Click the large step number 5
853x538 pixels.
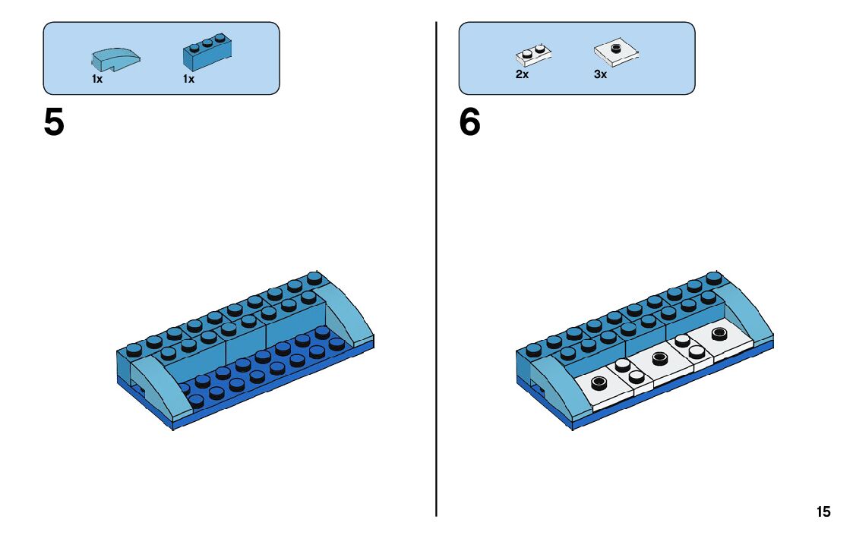pyautogui.click(x=54, y=123)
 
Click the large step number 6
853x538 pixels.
pyautogui.click(x=469, y=123)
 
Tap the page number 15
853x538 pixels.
pyautogui.click(x=823, y=512)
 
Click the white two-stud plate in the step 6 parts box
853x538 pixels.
pyautogui.click(x=533, y=54)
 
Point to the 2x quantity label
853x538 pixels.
pyautogui.click(x=522, y=75)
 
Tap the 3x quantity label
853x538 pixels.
pyautogui.click(x=600, y=75)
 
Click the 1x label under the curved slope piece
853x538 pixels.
pyautogui.click(x=97, y=79)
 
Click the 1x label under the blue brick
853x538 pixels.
pyautogui.click(x=188, y=79)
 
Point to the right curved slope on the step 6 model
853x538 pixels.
pyautogui.click(x=748, y=315)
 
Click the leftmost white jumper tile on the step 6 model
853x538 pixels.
pyautogui.click(x=602, y=387)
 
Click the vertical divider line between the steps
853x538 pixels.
pyautogui.click(x=437, y=304)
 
